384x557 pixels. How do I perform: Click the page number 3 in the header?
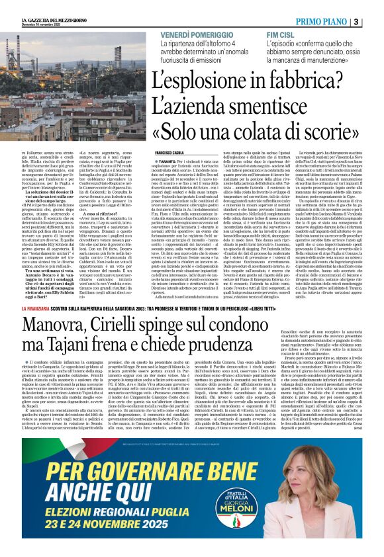pos(375,22)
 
